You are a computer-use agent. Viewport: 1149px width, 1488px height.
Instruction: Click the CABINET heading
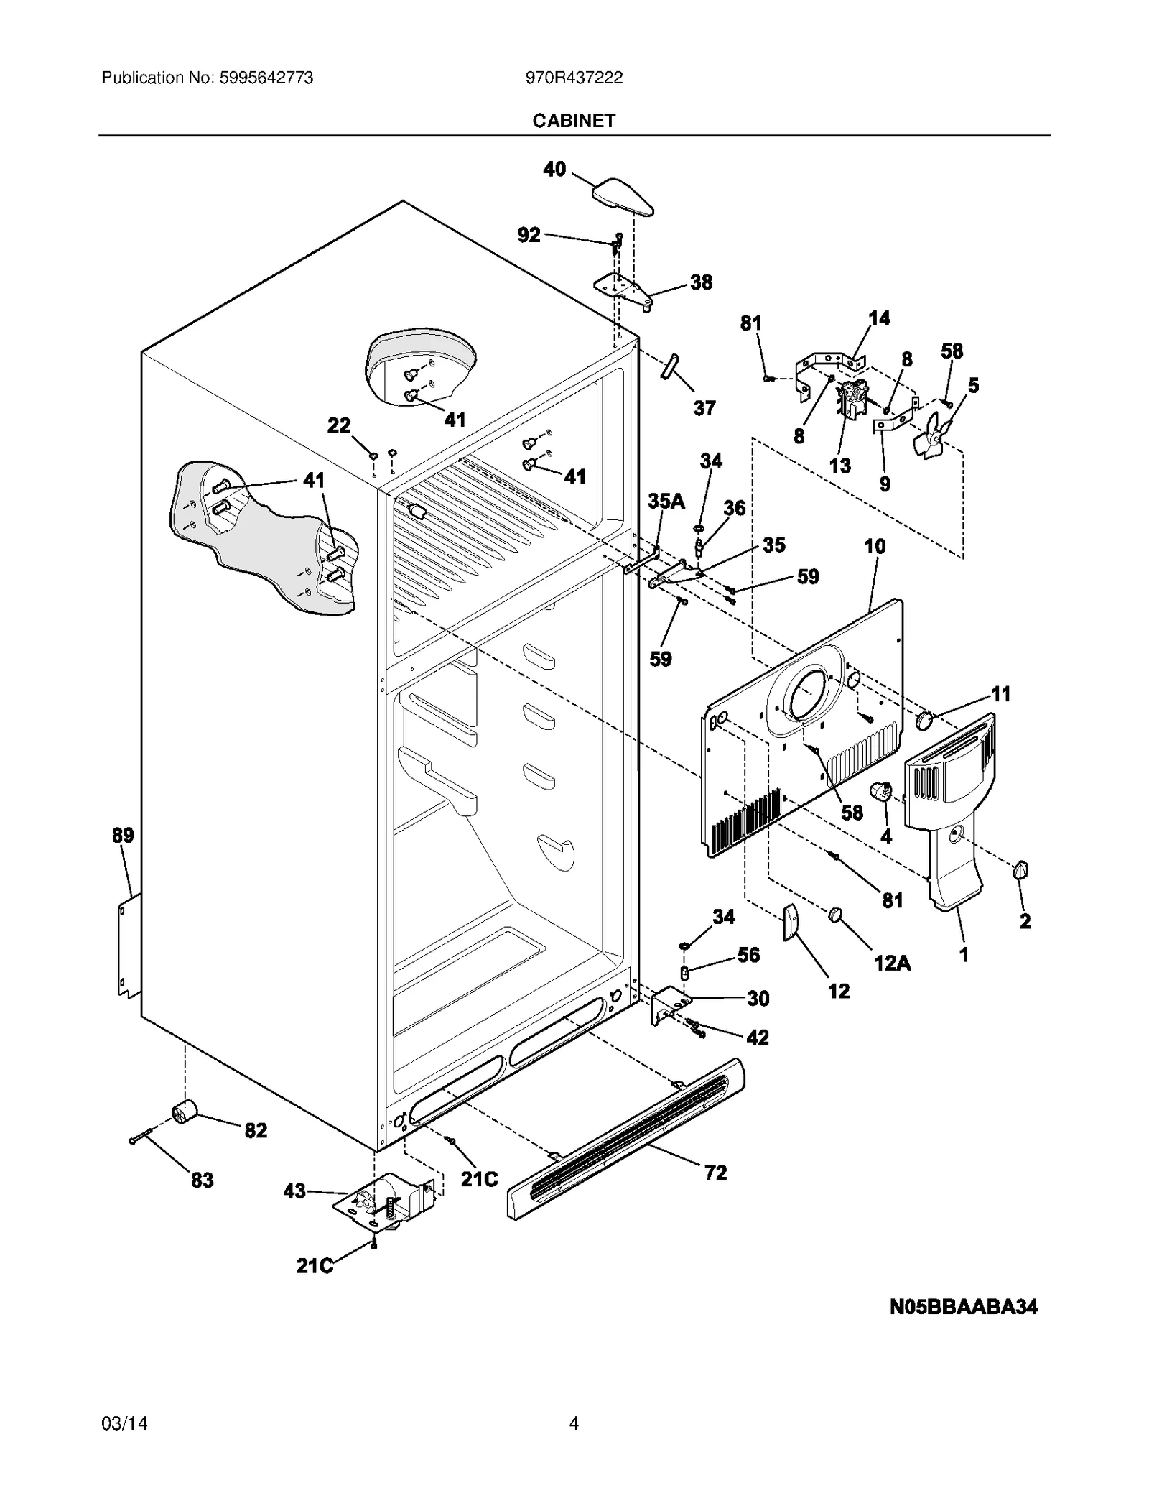[573, 121]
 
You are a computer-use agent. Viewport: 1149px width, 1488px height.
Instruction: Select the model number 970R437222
[574, 78]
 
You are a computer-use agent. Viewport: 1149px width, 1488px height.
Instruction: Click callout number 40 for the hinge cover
[554, 170]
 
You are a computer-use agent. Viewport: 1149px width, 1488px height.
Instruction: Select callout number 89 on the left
[123, 836]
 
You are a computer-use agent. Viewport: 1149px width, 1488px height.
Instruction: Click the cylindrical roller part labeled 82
[184, 1114]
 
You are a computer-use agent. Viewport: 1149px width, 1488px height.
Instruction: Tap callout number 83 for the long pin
[202, 1180]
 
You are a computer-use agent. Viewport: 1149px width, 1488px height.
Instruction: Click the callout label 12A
[892, 963]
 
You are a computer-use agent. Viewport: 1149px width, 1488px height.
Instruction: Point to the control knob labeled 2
[1020, 872]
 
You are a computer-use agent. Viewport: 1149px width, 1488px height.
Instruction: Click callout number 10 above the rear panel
[875, 547]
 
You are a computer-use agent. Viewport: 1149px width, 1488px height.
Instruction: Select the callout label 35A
[666, 501]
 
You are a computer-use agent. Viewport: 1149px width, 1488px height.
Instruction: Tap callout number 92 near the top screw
[529, 235]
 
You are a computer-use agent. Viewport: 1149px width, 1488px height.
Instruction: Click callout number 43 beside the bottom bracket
[295, 1191]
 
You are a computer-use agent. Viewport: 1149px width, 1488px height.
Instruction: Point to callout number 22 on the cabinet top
[339, 425]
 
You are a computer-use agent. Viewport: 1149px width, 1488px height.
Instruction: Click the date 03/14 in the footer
[124, 1423]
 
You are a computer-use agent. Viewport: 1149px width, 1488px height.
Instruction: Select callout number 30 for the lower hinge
[758, 998]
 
